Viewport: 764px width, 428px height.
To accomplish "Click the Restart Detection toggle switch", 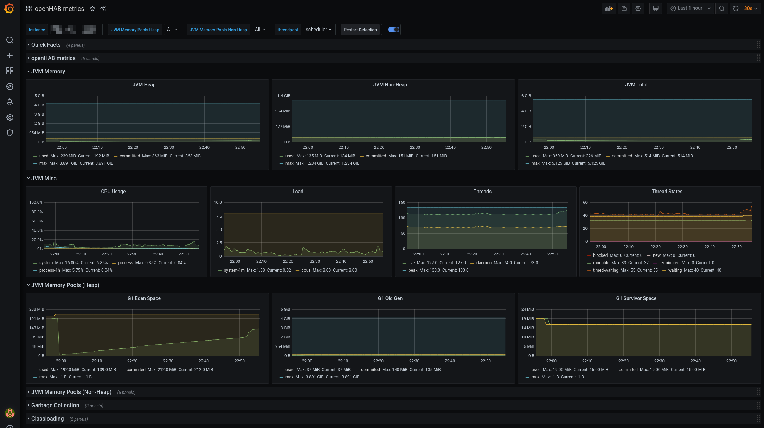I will pos(393,30).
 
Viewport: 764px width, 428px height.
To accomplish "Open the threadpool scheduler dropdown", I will pos(319,30).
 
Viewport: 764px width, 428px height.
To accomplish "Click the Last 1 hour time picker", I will pos(690,8).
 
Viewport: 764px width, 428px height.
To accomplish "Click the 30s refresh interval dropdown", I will pos(750,8).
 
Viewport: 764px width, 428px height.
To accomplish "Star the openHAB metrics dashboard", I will pos(92,8).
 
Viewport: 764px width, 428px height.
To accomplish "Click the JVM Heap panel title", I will pos(144,85).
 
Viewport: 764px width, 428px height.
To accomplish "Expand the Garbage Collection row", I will pos(55,405).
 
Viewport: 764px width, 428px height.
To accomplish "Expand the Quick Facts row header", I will pos(46,45).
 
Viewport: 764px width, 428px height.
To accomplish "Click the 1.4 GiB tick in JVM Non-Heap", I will pos(283,96).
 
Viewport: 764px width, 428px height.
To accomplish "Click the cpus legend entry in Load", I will pos(306,270).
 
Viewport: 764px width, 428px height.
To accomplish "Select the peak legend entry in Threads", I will pos(413,270).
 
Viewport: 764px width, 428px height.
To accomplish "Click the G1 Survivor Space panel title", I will pos(636,298).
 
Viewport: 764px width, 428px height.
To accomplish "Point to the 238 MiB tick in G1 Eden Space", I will pos(37,309).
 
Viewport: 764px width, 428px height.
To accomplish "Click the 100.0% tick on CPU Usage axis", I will pos(36,202).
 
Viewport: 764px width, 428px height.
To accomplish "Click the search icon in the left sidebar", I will pos(10,40).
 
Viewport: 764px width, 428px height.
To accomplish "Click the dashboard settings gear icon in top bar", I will pos(638,8).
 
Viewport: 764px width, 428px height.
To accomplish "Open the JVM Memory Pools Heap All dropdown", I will pos(172,30).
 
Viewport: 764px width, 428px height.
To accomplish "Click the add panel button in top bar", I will pos(609,8).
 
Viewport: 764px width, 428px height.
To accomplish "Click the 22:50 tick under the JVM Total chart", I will pos(731,147).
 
